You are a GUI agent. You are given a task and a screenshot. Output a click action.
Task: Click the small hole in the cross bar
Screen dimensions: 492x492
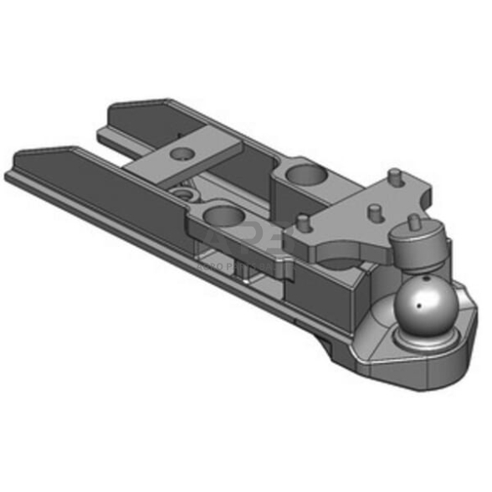[180, 153]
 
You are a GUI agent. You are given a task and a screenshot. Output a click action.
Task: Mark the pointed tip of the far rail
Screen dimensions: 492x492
[114, 108]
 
